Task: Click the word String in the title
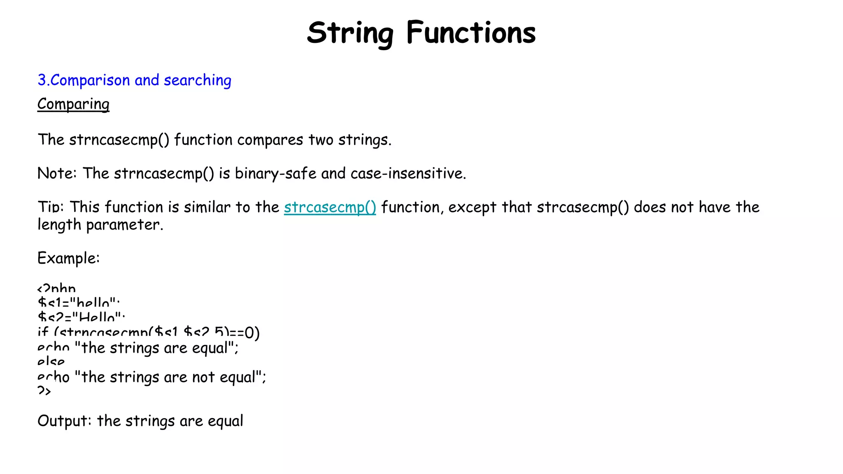(350, 33)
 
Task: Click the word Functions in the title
(471, 33)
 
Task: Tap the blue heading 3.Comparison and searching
(134, 80)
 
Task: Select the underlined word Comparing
(73, 104)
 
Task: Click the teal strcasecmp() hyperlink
(330, 207)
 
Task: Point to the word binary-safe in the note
(275, 174)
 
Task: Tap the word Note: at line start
(57, 174)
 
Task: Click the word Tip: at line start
(51, 207)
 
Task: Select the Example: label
(68, 258)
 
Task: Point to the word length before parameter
(59, 225)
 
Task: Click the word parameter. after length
(124, 225)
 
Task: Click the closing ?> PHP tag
(44, 390)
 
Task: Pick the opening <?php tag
(56, 288)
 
